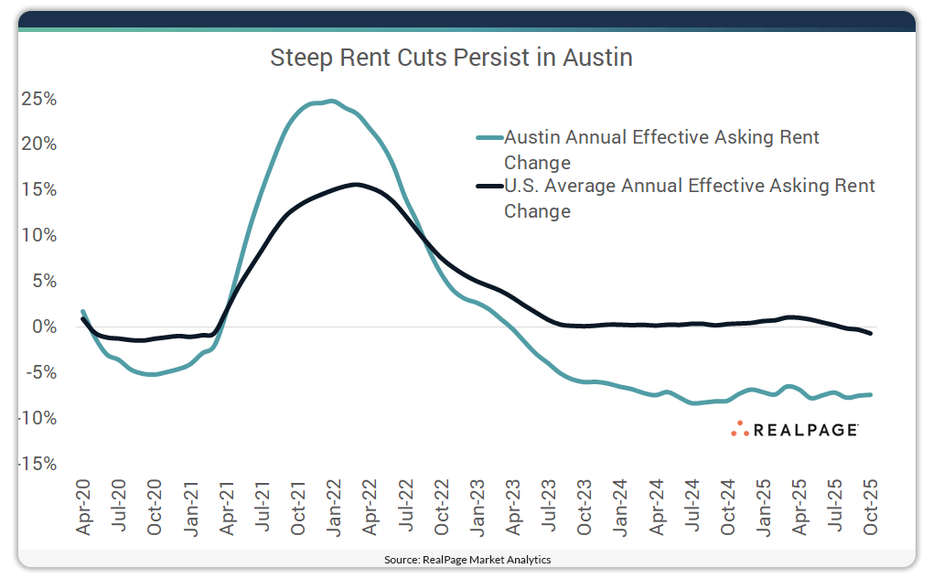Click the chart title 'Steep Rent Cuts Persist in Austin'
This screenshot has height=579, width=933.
click(451, 59)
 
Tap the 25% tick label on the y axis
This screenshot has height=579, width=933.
click(38, 99)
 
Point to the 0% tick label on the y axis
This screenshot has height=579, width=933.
click(43, 327)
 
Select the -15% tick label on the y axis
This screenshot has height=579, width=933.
click(37, 464)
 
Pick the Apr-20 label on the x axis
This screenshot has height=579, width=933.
click(82, 507)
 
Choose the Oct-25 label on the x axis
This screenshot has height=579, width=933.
click(871, 507)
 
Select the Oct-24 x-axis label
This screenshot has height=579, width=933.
click(728, 507)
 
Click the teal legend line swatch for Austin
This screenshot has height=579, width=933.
click(489, 138)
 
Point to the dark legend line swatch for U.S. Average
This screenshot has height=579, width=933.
click(489, 187)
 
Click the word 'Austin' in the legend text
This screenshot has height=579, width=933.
click(533, 138)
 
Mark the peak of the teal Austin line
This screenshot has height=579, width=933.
click(330, 102)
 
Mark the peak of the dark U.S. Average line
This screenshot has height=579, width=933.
click(356, 185)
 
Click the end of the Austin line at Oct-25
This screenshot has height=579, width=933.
click(870, 394)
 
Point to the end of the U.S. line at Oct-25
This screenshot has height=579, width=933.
click(870, 333)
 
